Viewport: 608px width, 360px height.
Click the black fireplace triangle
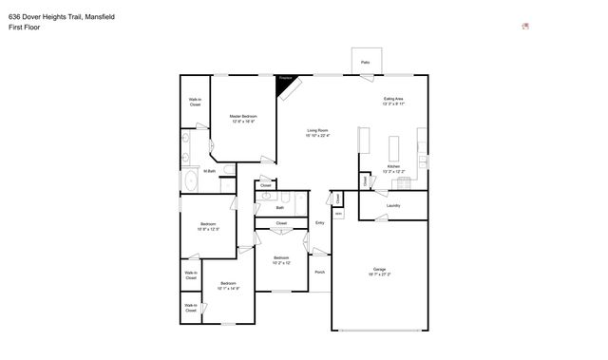coord(283,85)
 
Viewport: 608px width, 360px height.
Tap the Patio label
coord(365,63)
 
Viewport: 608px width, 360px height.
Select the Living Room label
coord(317,130)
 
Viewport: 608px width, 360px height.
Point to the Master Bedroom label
coord(243,116)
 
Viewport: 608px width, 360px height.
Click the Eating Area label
coord(393,98)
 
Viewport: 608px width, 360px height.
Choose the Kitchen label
coord(393,166)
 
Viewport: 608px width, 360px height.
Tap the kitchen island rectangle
coord(394,149)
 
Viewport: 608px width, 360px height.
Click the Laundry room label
coord(393,205)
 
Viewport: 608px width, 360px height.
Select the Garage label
coord(379,269)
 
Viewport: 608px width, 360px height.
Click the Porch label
coord(320,272)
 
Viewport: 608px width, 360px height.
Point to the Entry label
coord(320,222)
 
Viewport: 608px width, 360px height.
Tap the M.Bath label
coord(210,171)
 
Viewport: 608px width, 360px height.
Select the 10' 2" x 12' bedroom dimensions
coord(281,263)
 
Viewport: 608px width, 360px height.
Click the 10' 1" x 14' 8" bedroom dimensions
coord(228,288)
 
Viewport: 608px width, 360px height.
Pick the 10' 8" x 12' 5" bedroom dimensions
coord(208,229)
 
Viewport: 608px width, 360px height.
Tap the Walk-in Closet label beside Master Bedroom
coord(195,102)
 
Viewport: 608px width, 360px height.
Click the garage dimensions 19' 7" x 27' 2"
coord(379,275)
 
